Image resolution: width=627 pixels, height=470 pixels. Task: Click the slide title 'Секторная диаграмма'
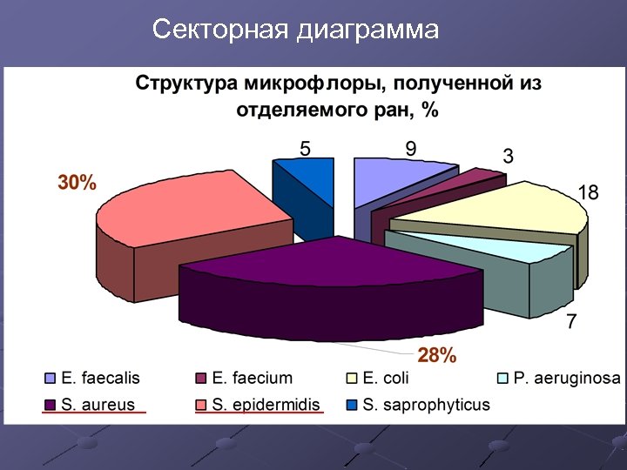point(295,30)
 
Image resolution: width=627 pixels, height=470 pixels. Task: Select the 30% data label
point(77,184)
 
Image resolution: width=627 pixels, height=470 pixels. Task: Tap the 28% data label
point(436,355)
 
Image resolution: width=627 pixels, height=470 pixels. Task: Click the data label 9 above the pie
point(410,149)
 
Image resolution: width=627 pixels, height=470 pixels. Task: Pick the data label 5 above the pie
point(305,149)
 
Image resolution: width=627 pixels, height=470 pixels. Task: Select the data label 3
point(508,157)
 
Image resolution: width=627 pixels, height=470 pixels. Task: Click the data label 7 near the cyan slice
point(571,322)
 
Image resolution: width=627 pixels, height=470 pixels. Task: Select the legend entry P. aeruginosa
point(565,379)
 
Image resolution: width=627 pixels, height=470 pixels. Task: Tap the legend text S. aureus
point(97,405)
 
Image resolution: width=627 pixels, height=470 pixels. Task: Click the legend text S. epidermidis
point(266,405)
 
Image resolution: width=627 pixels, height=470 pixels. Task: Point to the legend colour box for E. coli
point(352,379)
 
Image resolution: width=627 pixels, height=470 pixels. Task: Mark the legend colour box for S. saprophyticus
point(352,405)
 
